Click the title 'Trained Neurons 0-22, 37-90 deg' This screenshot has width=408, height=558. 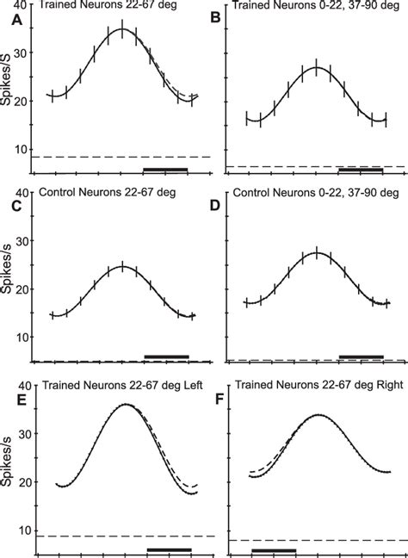311,7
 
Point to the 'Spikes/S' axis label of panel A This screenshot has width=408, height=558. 9,90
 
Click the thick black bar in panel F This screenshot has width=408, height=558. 274,549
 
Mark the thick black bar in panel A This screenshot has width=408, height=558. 165,170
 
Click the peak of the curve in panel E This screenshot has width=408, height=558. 126,404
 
